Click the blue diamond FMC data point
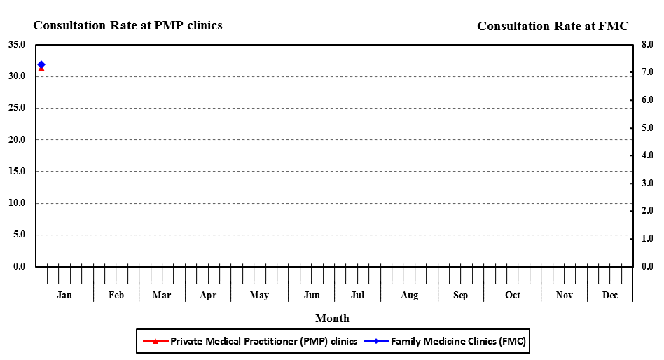click(41, 64)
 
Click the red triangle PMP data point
click(41, 69)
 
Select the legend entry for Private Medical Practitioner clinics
click(250, 341)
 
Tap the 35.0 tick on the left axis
click(17, 45)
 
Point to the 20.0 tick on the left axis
click(17, 140)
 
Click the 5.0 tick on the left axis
click(19, 235)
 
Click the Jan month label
click(64, 296)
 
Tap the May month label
click(259, 296)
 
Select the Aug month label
click(409, 296)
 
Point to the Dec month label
click(610, 296)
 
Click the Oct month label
click(513, 296)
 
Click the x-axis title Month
click(332, 319)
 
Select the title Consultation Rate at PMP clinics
click(128, 26)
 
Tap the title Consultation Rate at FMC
click(553, 27)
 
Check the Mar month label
click(162, 296)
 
